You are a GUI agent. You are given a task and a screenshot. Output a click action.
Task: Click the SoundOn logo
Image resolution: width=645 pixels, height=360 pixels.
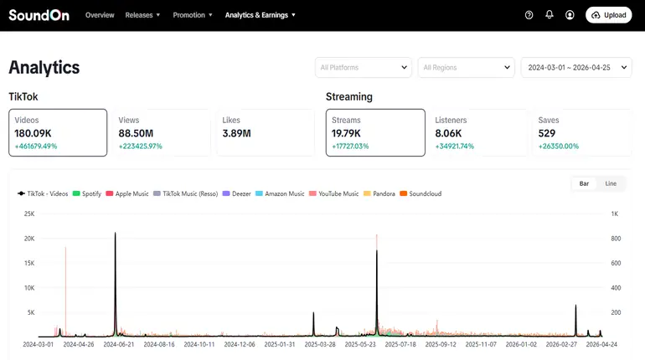(39, 15)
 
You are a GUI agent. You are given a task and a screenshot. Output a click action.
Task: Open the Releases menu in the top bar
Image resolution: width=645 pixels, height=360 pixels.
(142, 15)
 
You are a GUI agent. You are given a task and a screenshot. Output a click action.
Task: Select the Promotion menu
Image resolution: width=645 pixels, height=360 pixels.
(193, 15)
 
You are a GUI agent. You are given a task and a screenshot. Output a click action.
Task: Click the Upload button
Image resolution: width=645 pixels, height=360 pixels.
(608, 15)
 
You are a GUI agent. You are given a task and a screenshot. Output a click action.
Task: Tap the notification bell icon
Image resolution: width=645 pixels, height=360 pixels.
(550, 15)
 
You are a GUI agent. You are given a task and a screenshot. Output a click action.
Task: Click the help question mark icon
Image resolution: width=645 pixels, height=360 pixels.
(529, 15)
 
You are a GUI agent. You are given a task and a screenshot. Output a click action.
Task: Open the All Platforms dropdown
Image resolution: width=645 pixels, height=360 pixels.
(364, 68)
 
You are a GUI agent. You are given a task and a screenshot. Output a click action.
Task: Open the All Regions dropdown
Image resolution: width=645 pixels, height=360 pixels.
(467, 68)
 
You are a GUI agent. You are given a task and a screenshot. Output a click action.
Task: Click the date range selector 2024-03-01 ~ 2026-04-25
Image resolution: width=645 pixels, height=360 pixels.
(576, 68)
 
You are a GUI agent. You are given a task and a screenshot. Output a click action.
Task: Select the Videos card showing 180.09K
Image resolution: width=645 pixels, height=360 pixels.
(58, 132)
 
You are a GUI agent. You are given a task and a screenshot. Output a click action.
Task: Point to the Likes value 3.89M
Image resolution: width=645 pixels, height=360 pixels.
(237, 133)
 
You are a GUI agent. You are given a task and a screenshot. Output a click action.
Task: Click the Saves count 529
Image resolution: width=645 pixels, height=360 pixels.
(547, 133)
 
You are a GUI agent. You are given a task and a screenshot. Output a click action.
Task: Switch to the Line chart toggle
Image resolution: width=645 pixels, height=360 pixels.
(611, 183)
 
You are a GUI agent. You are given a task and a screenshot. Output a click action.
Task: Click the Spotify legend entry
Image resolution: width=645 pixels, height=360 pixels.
(88, 193)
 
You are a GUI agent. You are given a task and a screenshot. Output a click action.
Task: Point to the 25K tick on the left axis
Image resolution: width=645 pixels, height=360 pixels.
(28, 213)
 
